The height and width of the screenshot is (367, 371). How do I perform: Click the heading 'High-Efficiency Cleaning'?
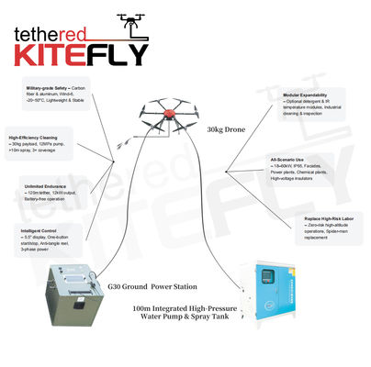pos(33,137)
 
